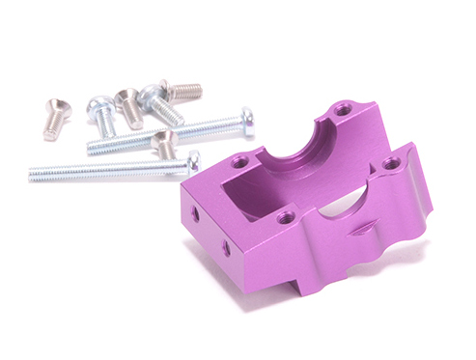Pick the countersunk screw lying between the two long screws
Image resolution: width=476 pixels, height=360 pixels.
[165, 145]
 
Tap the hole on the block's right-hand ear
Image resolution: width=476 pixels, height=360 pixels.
[391, 166]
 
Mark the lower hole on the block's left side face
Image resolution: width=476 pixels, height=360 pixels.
[227, 248]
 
